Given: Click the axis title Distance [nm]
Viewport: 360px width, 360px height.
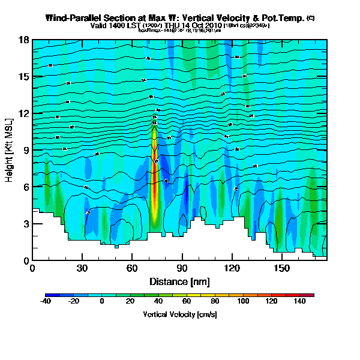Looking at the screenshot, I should (179, 281).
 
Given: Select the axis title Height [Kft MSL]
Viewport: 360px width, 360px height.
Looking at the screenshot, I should (10, 150).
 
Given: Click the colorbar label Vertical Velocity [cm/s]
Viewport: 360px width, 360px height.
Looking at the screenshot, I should (179, 314).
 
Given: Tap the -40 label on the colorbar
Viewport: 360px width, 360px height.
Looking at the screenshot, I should (46, 302).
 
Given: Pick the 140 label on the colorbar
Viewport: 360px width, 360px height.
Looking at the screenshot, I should (300, 302).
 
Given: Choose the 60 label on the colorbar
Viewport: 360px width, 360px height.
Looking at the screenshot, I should (187, 302).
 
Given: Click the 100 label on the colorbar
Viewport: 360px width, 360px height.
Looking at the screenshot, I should (243, 302).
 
